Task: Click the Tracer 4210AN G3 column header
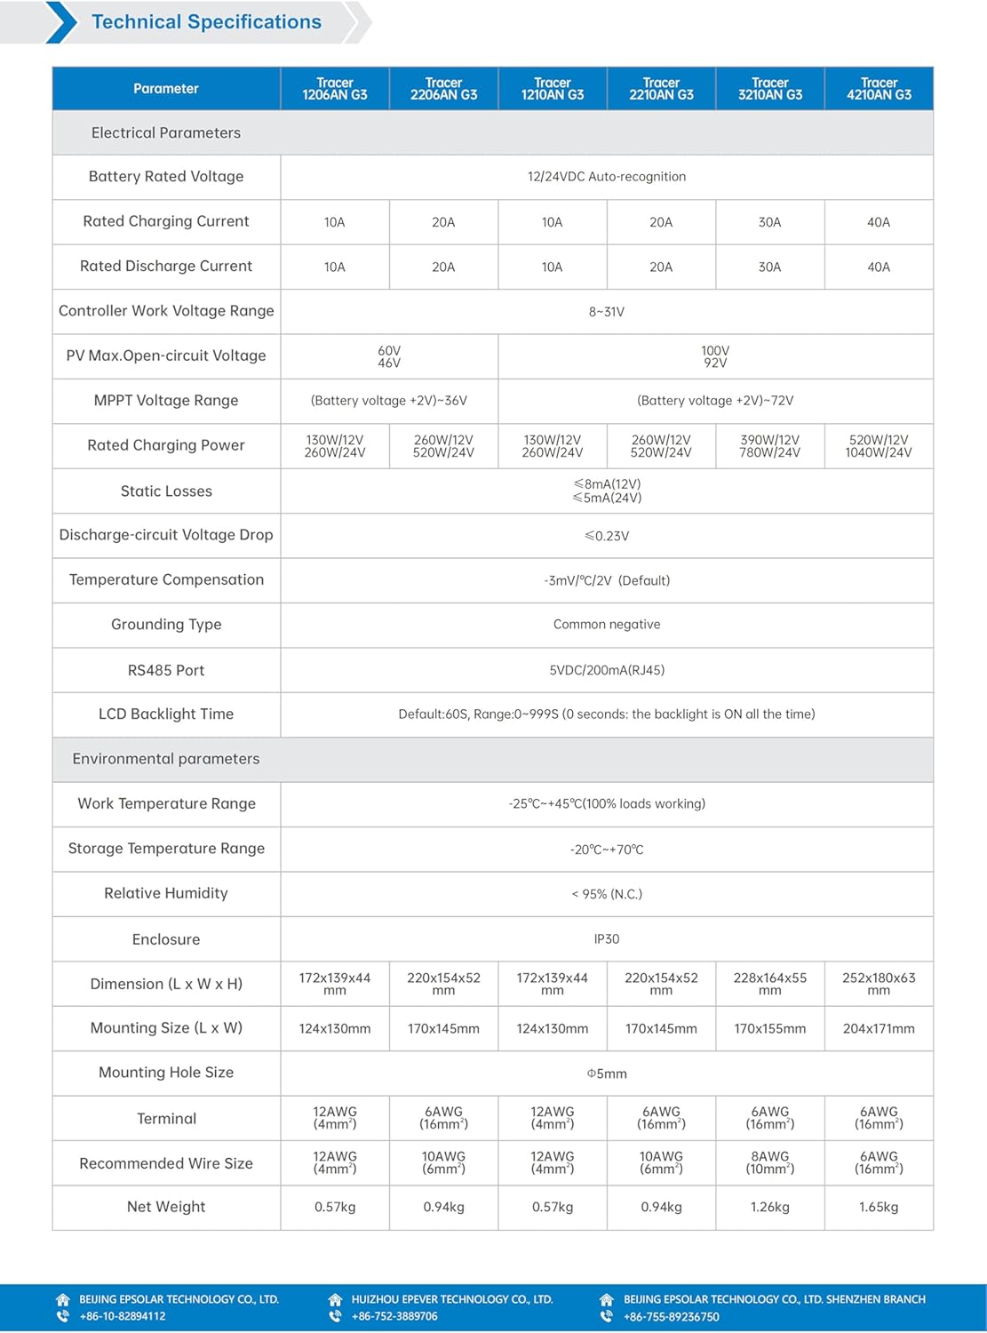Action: [879, 89]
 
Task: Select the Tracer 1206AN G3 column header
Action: [335, 89]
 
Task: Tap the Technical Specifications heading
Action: [206, 22]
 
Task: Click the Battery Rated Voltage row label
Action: [166, 177]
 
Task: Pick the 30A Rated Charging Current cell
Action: [769, 222]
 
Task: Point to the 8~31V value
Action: [607, 312]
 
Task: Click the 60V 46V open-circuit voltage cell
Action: [389, 356]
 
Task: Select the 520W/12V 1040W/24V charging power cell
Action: [879, 446]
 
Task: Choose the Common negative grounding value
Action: [607, 625]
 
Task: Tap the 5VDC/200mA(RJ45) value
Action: [607, 670]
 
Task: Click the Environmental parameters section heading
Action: [166, 759]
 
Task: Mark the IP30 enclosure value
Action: [607, 939]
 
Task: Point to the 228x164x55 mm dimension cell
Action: [769, 984]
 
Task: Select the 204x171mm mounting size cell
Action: [879, 1029]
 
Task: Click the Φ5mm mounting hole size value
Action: [607, 1074]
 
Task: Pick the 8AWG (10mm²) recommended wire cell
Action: [769, 1162]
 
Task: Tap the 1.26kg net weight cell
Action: [769, 1207]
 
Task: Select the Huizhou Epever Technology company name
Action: [451, 1299]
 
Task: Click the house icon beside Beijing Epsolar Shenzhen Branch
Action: [607, 1299]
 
